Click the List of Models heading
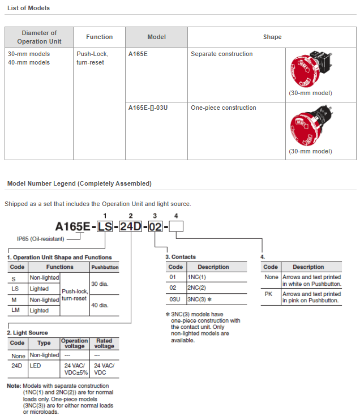(x=28, y=8)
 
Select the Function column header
(x=99, y=37)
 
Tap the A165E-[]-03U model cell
(x=148, y=108)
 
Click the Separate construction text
(x=222, y=54)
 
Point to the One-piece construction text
(x=224, y=108)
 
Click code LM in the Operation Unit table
(x=17, y=310)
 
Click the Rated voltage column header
(x=104, y=343)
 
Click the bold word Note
(x=14, y=385)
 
